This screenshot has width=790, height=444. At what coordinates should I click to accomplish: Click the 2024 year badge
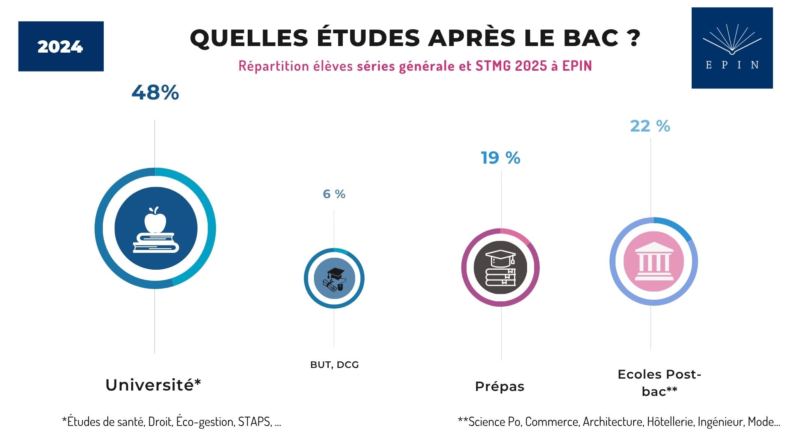tap(60, 46)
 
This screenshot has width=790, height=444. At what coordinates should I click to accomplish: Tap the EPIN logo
tap(732, 48)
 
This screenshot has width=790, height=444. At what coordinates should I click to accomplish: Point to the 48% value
tap(155, 92)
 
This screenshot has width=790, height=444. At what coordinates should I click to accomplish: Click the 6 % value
tap(334, 194)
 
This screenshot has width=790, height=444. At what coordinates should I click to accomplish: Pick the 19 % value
tap(500, 158)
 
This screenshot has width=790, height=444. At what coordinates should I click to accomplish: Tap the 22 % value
tap(650, 126)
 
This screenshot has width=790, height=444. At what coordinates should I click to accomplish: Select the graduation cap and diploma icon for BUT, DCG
tap(334, 279)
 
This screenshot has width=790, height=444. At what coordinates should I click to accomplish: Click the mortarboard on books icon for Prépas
tap(500, 268)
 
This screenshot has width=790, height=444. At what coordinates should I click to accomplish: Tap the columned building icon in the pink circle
tap(653, 262)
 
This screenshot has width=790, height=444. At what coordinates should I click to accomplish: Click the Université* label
tap(153, 385)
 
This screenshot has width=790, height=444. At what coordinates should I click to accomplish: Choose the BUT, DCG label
tap(334, 365)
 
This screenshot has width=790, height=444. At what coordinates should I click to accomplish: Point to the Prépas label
tap(500, 386)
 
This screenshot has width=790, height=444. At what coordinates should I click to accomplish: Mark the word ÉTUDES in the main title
tap(368, 38)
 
